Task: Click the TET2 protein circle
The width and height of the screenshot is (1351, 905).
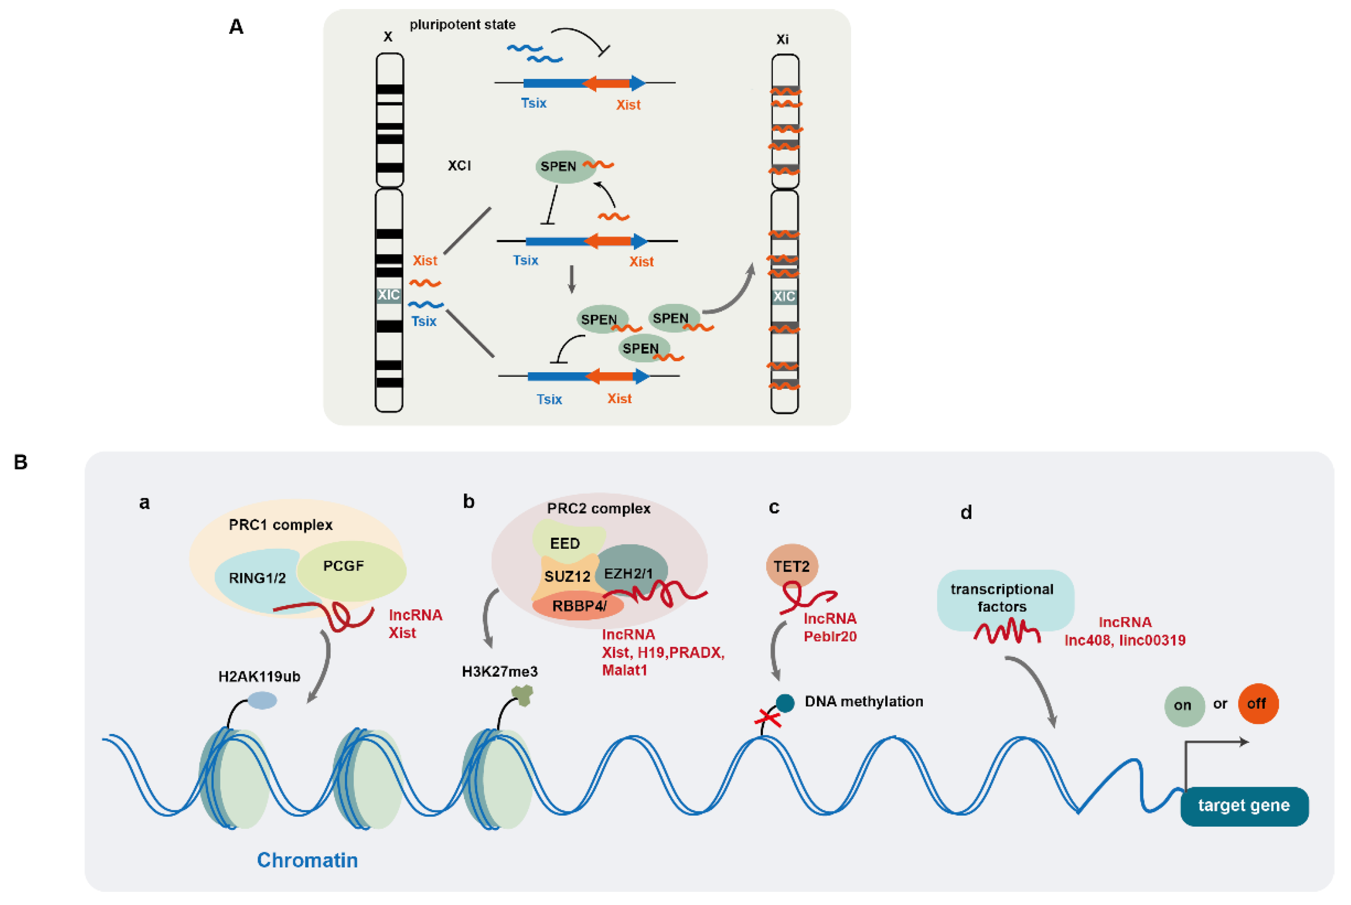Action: [791, 566]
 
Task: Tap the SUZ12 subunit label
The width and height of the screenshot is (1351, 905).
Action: [567, 576]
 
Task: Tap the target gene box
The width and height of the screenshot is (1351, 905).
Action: [1244, 806]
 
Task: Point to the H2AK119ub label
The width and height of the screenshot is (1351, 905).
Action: [259, 677]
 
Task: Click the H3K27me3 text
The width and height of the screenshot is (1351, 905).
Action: [500, 671]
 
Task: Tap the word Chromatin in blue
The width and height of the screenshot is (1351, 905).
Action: [307, 860]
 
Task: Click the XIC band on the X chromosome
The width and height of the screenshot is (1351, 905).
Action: [388, 295]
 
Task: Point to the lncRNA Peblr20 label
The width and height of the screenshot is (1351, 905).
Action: [830, 628]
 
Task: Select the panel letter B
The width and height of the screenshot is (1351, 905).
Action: [20, 462]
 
